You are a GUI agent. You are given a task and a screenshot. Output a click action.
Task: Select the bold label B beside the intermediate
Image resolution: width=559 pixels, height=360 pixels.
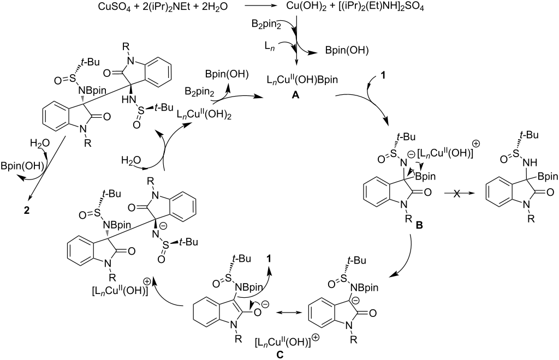click(x=413, y=225)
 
